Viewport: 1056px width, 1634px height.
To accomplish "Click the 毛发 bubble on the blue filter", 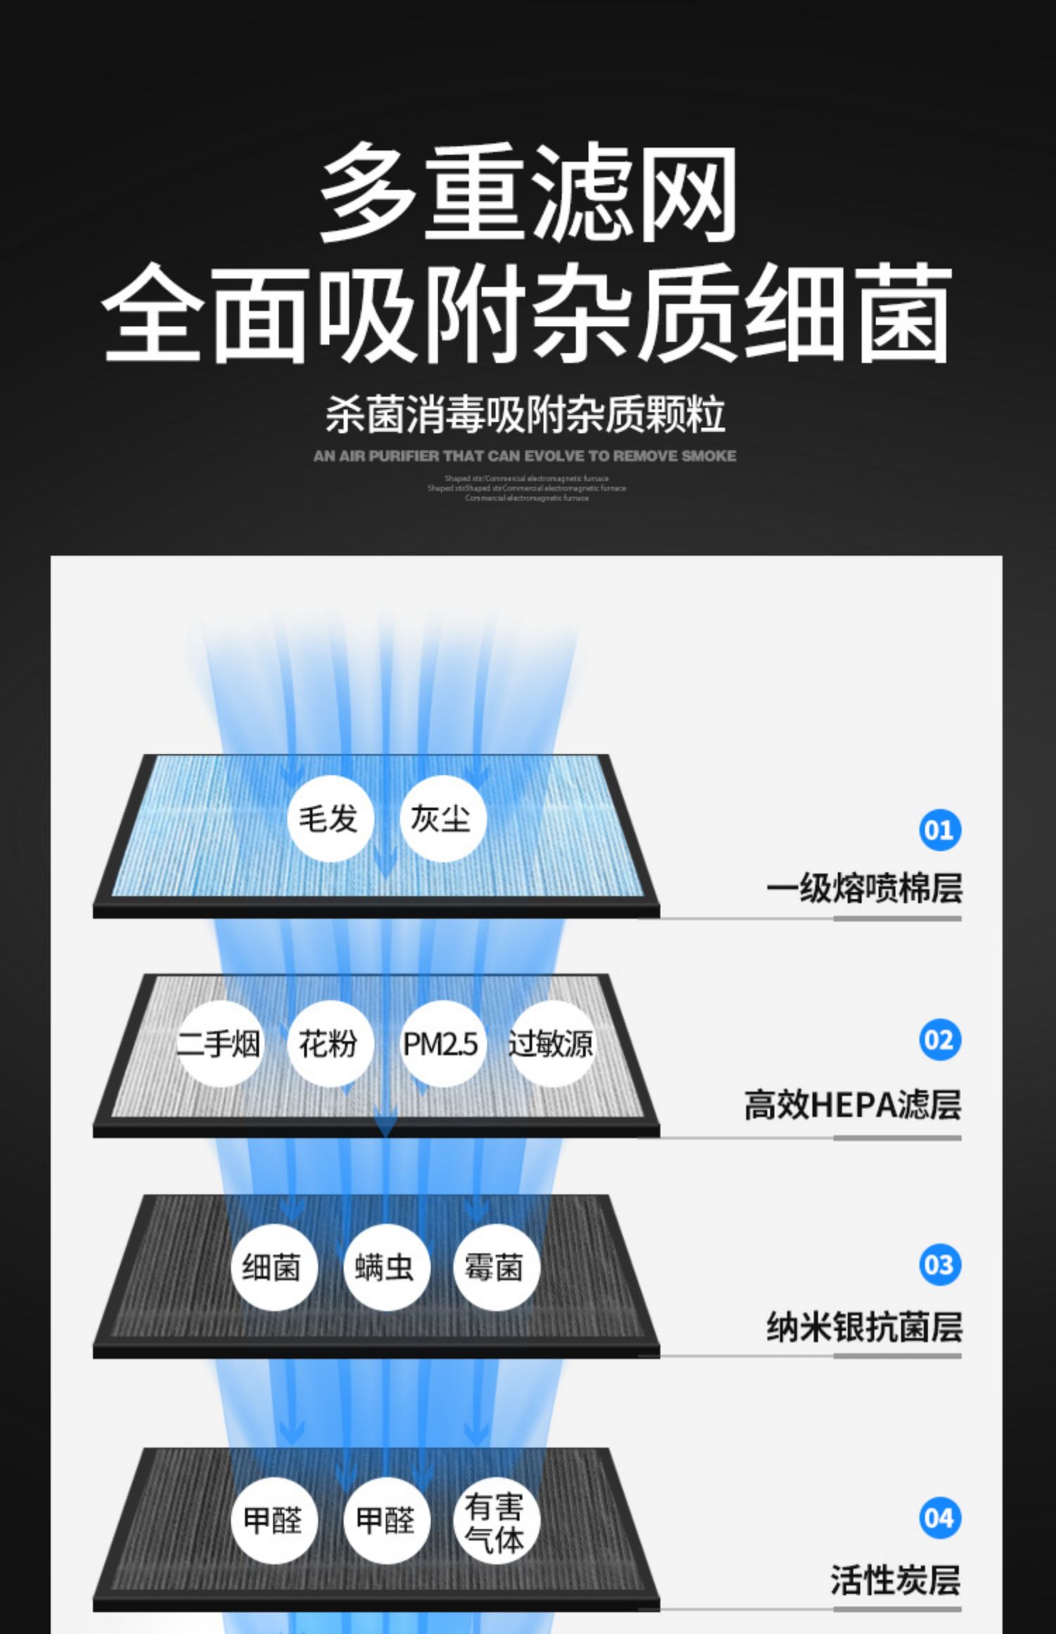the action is [329, 818].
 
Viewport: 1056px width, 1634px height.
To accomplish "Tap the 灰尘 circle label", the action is [441, 818].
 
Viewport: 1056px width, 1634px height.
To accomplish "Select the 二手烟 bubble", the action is [218, 1043].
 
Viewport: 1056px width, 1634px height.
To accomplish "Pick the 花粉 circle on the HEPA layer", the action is [329, 1043].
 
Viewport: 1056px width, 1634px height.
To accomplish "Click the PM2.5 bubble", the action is [441, 1043].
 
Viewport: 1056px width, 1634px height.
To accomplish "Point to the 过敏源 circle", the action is [551, 1043].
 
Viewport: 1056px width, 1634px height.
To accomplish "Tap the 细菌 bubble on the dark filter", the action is [273, 1267].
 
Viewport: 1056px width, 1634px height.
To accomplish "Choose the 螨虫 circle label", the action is [385, 1267].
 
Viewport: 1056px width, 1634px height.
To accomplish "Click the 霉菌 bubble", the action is [495, 1267].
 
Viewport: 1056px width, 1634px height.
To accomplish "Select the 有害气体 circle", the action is [495, 1520].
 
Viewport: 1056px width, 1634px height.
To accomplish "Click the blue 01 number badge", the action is [939, 830].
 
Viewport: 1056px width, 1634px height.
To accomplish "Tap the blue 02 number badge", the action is [939, 1039].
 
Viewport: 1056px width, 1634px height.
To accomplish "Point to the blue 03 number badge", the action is [939, 1265].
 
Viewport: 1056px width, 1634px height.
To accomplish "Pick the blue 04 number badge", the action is [939, 1518].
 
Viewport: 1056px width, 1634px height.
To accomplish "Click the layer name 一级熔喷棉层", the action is [864, 887].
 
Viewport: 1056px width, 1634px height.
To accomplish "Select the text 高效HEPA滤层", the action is [853, 1104].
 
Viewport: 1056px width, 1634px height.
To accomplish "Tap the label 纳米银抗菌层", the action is [864, 1326].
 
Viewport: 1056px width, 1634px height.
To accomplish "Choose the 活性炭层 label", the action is [895, 1580].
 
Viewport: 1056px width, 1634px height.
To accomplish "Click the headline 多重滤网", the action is [528, 191].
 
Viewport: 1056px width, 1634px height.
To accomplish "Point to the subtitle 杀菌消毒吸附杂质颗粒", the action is [525, 414].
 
